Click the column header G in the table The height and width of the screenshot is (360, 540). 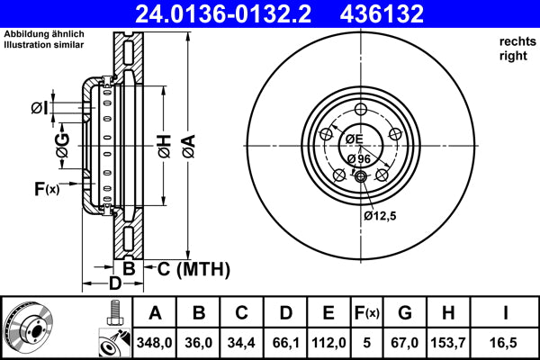tap(404, 314)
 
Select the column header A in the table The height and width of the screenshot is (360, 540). tap(155, 314)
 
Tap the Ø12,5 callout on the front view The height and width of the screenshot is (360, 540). tap(380, 215)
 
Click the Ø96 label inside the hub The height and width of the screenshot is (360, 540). tap(359, 159)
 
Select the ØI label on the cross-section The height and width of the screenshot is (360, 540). tap(39, 108)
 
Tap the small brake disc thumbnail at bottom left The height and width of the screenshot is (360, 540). tap(28, 327)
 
